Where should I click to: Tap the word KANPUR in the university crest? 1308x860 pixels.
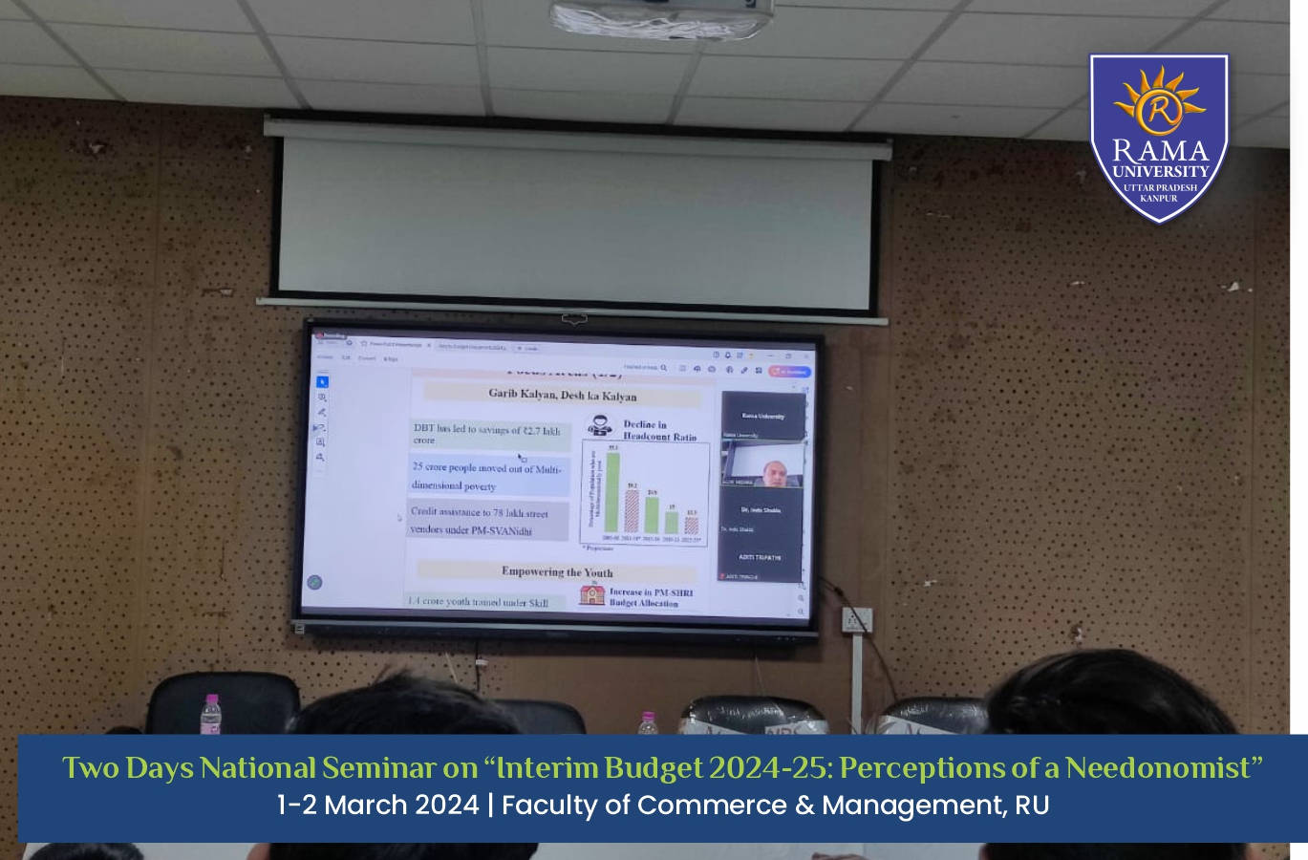1159,199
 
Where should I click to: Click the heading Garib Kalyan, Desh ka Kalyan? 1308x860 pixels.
562,395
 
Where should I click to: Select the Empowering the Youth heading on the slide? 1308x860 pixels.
557,571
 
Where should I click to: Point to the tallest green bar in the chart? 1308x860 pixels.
612,491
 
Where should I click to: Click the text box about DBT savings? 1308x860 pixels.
489,435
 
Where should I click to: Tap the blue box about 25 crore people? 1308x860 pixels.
488,477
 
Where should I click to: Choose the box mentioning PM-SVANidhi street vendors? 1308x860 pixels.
485,521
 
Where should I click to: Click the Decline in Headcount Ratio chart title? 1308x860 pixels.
659,430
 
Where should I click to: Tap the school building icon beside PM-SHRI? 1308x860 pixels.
592,594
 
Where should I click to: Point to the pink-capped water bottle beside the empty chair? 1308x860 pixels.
211,714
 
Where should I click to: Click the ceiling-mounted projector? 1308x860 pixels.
661,19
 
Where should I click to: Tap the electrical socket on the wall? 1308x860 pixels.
855,619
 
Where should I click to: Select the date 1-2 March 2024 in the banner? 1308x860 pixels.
378,805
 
